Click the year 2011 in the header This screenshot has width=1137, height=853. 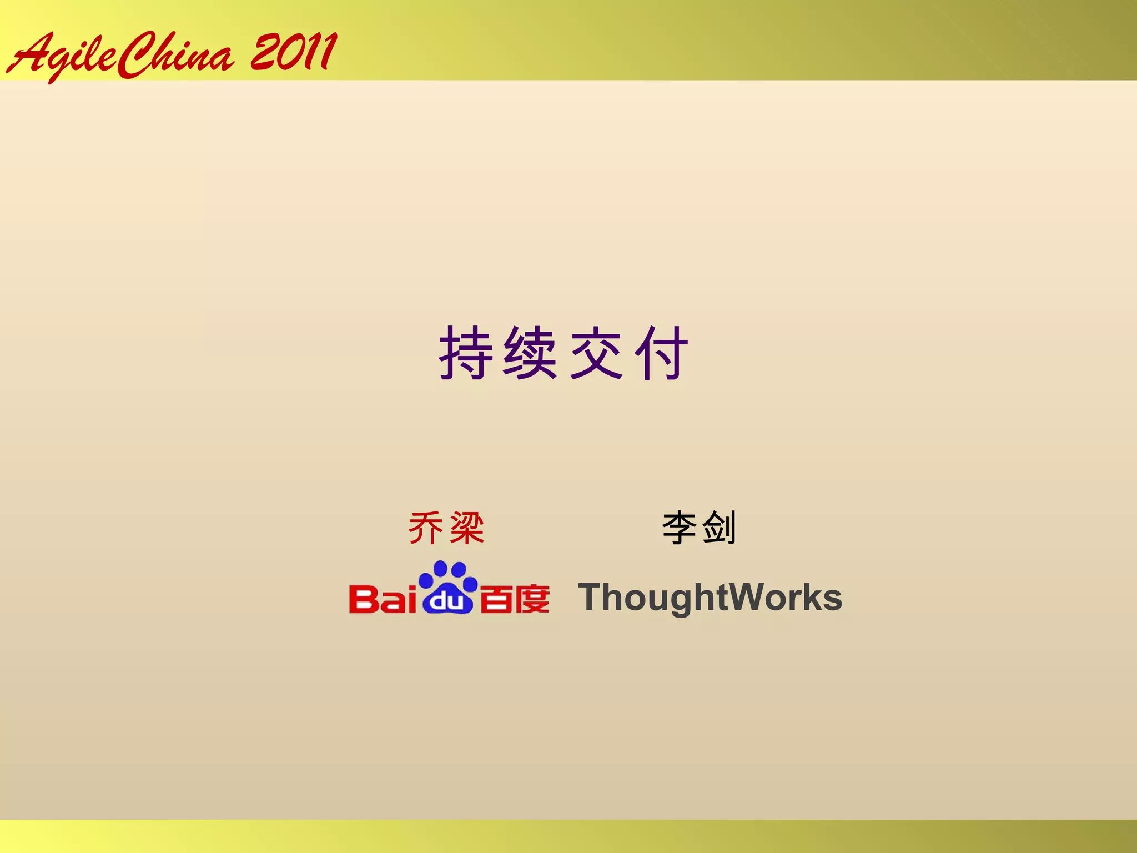tap(293, 52)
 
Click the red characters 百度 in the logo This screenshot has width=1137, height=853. tap(515, 599)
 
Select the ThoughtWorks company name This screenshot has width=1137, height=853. tap(710, 598)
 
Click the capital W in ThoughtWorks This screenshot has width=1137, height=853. tap(747, 598)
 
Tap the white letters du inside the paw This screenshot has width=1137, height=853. tap(447, 601)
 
